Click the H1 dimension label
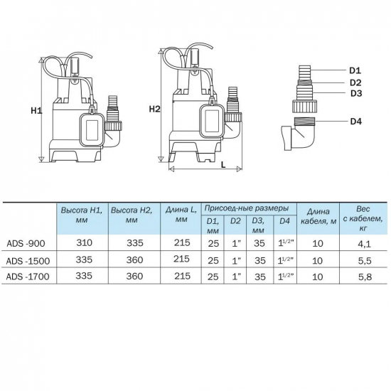coord(36,110)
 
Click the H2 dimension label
coord(155,109)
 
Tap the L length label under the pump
coord(223,164)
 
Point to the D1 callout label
coord(355,70)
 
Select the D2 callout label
coord(355,82)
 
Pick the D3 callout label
coord(356,94)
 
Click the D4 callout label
coord(356,122)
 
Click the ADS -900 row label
coord(26,243)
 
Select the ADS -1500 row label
coord(28,261)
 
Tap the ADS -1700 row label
coord(28,277)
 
